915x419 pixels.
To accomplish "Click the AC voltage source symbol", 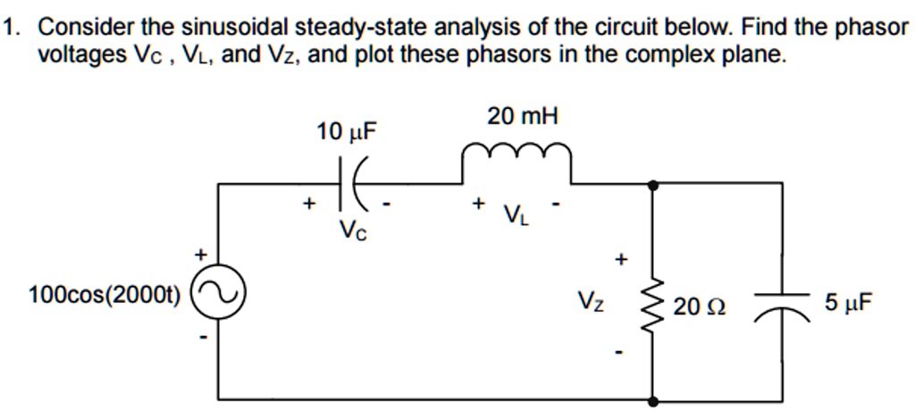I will point(219,292).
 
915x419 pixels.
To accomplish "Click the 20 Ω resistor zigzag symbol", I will point(655,305).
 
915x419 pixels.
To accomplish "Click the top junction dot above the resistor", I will point(655,183).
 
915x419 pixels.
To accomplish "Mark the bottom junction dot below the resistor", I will point(655,401).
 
